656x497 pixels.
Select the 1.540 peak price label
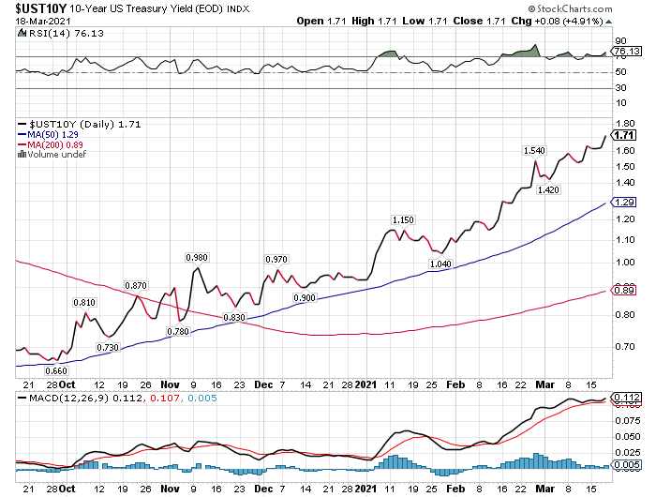pos(534,150)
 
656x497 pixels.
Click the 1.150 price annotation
pos(402,219)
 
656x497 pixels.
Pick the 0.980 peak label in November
pos(197,257)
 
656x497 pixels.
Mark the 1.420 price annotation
pos(548,190)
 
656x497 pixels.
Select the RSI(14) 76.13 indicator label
pos(53,33)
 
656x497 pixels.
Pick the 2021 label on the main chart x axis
pos(365,384)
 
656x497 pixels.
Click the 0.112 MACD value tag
pos(626,399)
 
